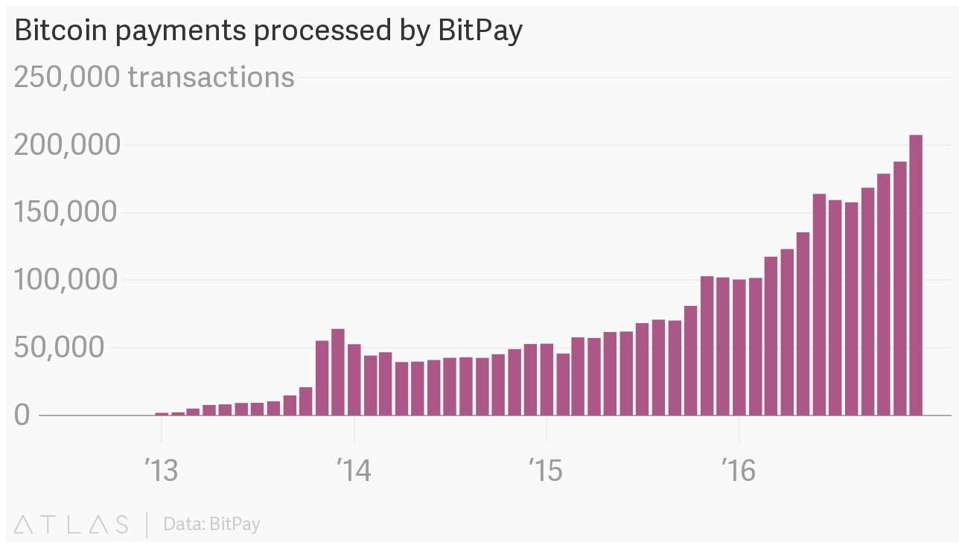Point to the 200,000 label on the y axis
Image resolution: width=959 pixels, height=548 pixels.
click(x=67, y=145)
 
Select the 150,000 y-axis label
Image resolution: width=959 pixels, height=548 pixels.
click(x=67, y=213)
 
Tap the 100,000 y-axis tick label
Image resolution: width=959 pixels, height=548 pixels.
click(x=67, y=281)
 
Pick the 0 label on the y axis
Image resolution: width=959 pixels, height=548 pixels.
click(x=22, y=415)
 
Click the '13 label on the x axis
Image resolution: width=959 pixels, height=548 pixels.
click(x=162, y=471)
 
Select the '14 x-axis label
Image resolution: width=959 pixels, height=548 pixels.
click(x=354, y=471)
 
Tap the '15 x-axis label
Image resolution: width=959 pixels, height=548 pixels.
click(x=546, y=471)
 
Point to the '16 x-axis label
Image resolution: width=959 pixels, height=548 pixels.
click(x=738, y=471)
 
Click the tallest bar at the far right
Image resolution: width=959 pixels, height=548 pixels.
click(x=916, y=275)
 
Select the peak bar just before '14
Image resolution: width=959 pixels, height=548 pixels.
click(x=338, y=372)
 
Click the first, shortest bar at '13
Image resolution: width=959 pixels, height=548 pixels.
click(x=162, y=413)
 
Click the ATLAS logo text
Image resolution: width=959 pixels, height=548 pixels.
click(x=71, y=524)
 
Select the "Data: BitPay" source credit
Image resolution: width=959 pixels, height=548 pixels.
click(x=212, y=524)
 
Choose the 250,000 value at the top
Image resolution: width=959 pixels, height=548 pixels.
click(x=67, y=77)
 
